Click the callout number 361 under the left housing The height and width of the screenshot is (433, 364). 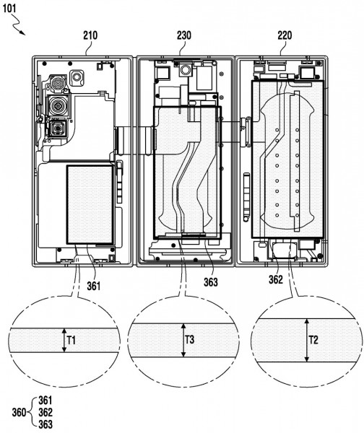93,286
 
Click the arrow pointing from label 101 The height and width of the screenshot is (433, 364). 19,28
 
